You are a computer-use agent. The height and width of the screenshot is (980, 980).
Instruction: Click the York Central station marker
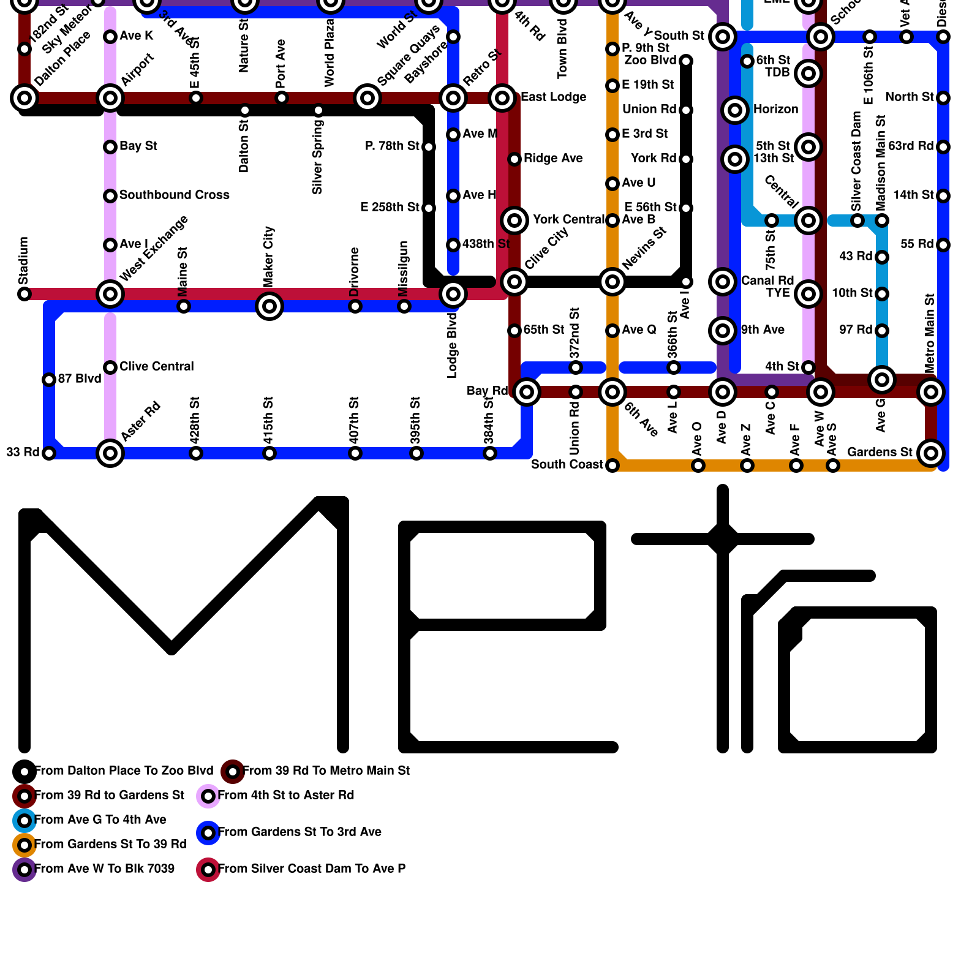(x=514, y=221)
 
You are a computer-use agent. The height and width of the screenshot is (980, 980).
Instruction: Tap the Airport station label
(x=137, y=70)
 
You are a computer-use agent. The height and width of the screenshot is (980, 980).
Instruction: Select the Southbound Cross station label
(x=174, y=195)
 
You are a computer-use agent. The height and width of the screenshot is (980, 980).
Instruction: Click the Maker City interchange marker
(x=269, y=306)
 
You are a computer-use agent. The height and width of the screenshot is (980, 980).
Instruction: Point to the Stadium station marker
(x=24, y=294)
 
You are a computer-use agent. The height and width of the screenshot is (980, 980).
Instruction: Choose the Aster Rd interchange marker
(x=110, y=453)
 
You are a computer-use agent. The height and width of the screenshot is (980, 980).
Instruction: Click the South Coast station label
(x=567, y=464)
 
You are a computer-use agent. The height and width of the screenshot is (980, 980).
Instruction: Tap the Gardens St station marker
(x=931, y=453)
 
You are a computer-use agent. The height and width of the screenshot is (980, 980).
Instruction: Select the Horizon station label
(x=775, y=109)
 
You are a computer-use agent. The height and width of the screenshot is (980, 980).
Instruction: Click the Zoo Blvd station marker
(x=686, y=61)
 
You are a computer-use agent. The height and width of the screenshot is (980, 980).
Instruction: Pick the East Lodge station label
(x=553, y=97)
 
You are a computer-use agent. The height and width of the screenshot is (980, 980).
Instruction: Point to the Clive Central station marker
(x=110, y=367)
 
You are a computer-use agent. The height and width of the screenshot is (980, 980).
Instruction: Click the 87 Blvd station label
(x=80, y=379)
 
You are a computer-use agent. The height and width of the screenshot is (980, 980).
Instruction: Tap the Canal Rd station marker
(x=723, y=282)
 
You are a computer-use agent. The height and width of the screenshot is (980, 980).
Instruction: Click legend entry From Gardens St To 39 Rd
(x=110, y=844)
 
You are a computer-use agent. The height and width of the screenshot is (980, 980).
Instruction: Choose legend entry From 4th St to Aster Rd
(x=285, y=795)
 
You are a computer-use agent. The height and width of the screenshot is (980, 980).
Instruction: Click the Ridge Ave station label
(x=553, y=158)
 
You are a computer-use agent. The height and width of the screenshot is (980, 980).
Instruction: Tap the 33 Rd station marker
(x=49, y=453)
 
